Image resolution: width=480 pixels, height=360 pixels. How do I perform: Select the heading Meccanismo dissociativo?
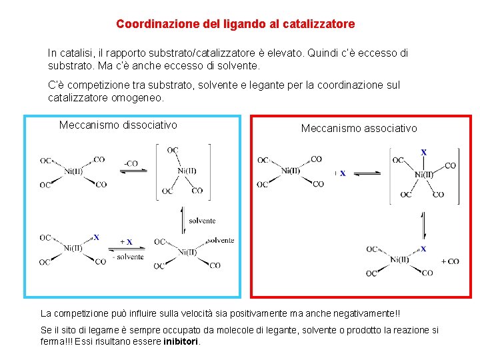pyautogui.click(x=118, y=125)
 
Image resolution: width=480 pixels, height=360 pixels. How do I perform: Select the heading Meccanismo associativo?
pyautogui.click(x=359, y=127)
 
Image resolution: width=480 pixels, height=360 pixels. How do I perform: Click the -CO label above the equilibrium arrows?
pyautogui.click(x=131, y=163)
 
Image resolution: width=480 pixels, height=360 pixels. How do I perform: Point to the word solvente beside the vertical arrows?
pyautogui.click(x=202, y=221)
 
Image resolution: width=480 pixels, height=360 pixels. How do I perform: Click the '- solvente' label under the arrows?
pyautogui.click(x=128, y=256)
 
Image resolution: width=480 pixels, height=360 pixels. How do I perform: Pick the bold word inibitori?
pyautogui.click(x=181, y=341)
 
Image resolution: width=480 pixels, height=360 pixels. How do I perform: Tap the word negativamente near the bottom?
pyautogui.click(x=365, y=313)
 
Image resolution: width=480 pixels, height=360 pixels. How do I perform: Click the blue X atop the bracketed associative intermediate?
pyautogui.click(x=423, y=152)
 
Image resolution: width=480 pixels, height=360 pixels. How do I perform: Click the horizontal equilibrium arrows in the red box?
pyautogui.click(x=366, y=174)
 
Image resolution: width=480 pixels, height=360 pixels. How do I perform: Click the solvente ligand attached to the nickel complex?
pyautogui.click(x=221, y=240)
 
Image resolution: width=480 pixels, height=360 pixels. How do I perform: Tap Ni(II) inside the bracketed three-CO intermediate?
pyautogui.click(x=187, y=171)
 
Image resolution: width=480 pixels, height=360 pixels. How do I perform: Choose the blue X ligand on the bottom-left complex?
pyautogui.click(x=96, y=237)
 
